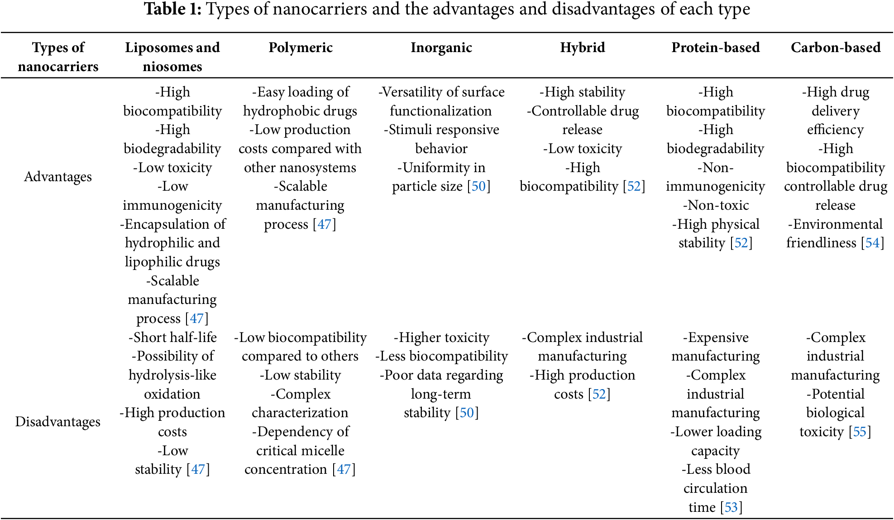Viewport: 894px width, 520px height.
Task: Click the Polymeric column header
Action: (301, 48)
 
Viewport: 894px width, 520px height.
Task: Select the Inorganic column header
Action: (441, 48)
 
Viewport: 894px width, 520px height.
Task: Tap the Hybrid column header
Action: (583, 48)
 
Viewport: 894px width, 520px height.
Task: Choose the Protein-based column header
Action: (716, 48)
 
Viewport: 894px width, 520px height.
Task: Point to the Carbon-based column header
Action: (836, 48)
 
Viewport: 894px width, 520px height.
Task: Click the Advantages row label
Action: (58, 177)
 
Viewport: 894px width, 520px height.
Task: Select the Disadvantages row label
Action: (58, 422)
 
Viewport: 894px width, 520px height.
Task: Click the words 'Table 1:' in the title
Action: (172, 9)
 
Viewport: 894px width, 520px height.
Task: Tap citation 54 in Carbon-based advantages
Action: (872, 243)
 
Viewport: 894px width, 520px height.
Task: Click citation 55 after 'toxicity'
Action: (860, 432)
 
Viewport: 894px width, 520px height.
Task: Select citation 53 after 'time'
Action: (731, 507)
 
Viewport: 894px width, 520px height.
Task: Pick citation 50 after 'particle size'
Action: (478, 186)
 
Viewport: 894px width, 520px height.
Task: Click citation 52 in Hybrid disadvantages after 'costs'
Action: (599, 394)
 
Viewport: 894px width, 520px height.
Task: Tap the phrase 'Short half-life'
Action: (175, 337)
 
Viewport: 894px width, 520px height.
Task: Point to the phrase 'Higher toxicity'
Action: (444, 337)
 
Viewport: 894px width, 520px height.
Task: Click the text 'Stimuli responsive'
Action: (444, 130)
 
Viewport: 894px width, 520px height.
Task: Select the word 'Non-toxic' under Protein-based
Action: (718, 205)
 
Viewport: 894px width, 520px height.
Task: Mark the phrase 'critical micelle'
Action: (301, 451)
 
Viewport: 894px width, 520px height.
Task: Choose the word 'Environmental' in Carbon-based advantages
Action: (838, 224)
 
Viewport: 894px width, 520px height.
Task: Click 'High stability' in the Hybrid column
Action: (585, 92)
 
